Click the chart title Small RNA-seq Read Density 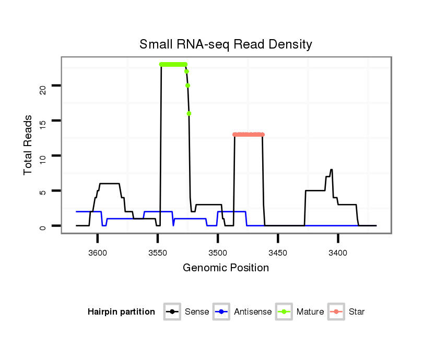click(226, 44)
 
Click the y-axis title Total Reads click(29, 145)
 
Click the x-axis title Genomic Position click(226, 268)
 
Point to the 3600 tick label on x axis click(98, 253)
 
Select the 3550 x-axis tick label click(158, 253)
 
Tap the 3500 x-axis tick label click(218, 253)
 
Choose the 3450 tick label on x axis click(278, 253)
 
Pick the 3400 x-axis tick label click(338, 253)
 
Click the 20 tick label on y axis click(43, 86)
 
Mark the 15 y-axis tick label click(43, 121)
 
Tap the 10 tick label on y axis click(43, 156)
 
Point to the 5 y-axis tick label click(43, 191)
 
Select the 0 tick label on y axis click(43, 226)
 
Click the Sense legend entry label click(197, 312)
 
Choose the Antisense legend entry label click(253, 312)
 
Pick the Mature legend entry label click(310, 312)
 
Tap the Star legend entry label click(357, 312)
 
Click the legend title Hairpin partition click(121, 312)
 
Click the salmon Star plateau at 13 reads click(249, 135)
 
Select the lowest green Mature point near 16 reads click(189, 114)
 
